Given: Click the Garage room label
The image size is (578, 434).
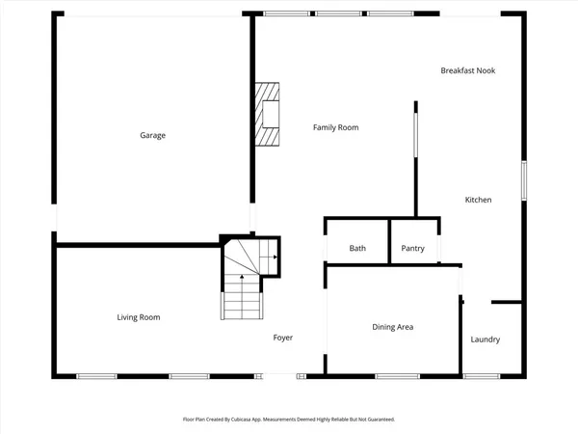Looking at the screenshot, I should point(152,135).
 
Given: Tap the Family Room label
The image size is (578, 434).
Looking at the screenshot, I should point(335,127).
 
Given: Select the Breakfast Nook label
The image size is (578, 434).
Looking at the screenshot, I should point(467,70).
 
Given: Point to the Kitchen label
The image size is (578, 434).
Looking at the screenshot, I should point(478,200).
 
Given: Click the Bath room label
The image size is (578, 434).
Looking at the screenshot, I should point(357,249).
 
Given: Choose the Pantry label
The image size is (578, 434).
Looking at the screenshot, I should point(412,249).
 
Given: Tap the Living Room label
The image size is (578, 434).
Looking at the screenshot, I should point(139,317).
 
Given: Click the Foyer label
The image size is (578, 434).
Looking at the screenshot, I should point(282,338).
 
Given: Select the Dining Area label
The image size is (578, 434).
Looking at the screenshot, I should point(392,327).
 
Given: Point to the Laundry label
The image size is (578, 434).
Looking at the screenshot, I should point(485,339).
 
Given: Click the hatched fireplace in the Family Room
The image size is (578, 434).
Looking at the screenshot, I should point(268,114).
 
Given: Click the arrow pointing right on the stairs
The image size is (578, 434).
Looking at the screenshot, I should point(275,258).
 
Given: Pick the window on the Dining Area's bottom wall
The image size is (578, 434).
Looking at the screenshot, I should point(390,375).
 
